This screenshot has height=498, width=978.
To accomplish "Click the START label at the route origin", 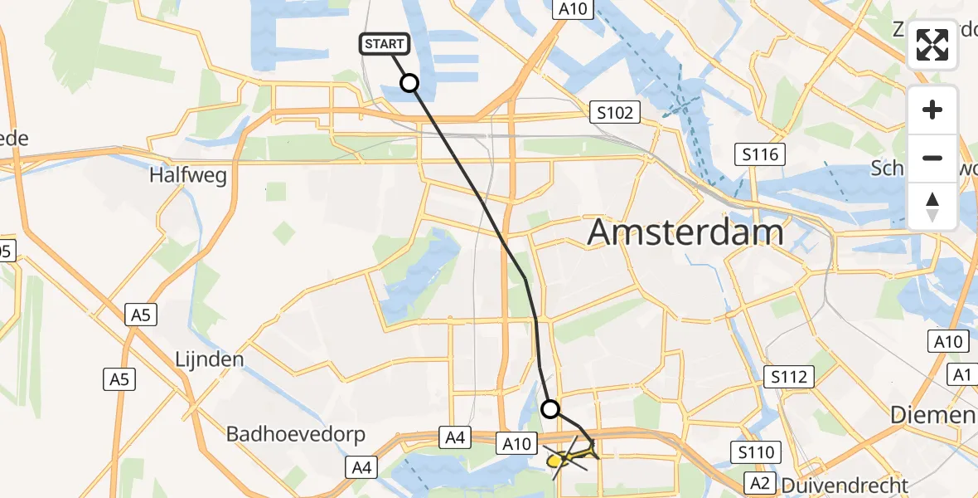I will (384, 44).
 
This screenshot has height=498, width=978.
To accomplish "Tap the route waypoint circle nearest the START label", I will (409, 83).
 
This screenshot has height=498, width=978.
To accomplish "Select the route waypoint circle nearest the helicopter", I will (550, 408).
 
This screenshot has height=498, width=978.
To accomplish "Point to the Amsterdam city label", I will (685, 233).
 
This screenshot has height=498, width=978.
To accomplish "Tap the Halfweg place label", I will (188, 176).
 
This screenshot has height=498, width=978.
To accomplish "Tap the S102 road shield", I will (614, 112).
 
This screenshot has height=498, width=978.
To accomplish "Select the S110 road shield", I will (755, 452).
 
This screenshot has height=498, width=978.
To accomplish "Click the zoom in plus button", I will (932, 110).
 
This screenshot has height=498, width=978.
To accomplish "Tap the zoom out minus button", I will (932, 158).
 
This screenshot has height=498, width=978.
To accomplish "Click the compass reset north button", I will (932, 205).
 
